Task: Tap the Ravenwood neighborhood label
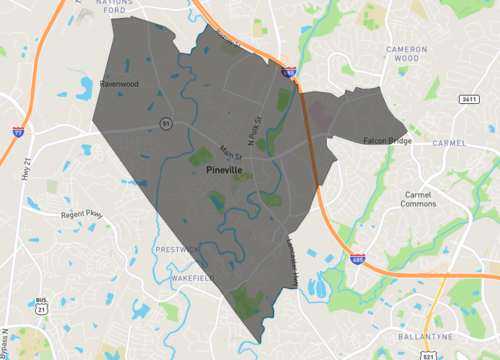click(x=119, y=84)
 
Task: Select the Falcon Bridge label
click(x=387, y=141)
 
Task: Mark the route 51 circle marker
click(x=166, y=123)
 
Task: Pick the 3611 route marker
click(x=469, y=99)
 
